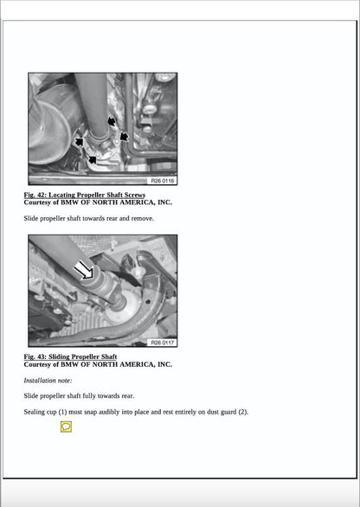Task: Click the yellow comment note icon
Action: coord(66,427)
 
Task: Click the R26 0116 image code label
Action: coord(162,181)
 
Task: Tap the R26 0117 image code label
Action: coord(162,342)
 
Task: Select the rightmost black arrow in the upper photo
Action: coord(124,136)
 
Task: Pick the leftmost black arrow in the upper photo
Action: coord(80,142)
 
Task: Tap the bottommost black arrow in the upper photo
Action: coord(92,158)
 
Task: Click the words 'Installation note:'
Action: coord(48,381)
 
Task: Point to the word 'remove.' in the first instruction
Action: coord(142,219)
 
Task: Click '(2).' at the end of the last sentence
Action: coord(242,412)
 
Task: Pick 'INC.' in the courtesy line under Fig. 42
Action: coord(160,202)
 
